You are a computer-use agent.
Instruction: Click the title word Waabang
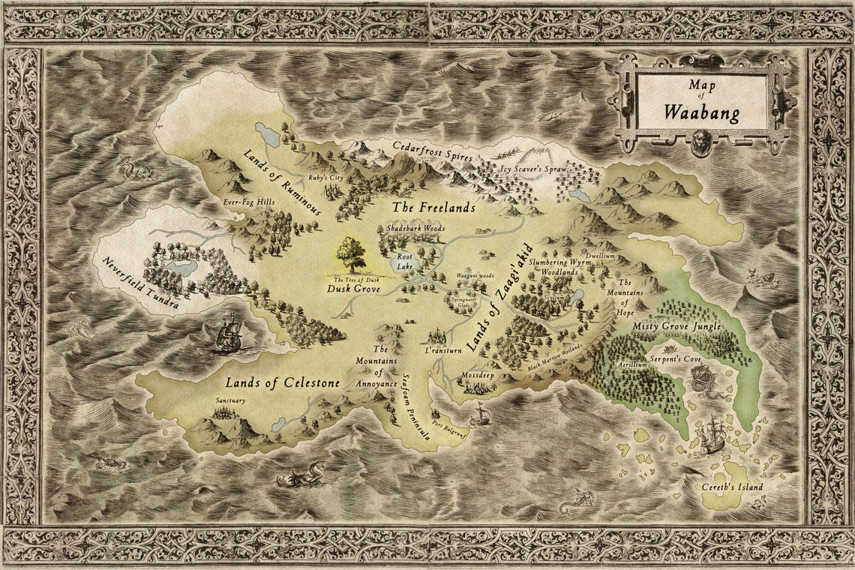(x=701, y=115)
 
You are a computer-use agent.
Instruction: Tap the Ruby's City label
(x=325, y=178)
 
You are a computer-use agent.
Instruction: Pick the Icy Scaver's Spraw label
(x=535, y=169)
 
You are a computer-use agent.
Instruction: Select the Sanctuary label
(x=230, y=401)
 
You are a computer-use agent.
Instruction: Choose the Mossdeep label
(x=475, y=373)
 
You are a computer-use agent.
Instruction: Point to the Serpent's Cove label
(x=673, y=358)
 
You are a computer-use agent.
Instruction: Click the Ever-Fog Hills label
(x=249, y=202)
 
